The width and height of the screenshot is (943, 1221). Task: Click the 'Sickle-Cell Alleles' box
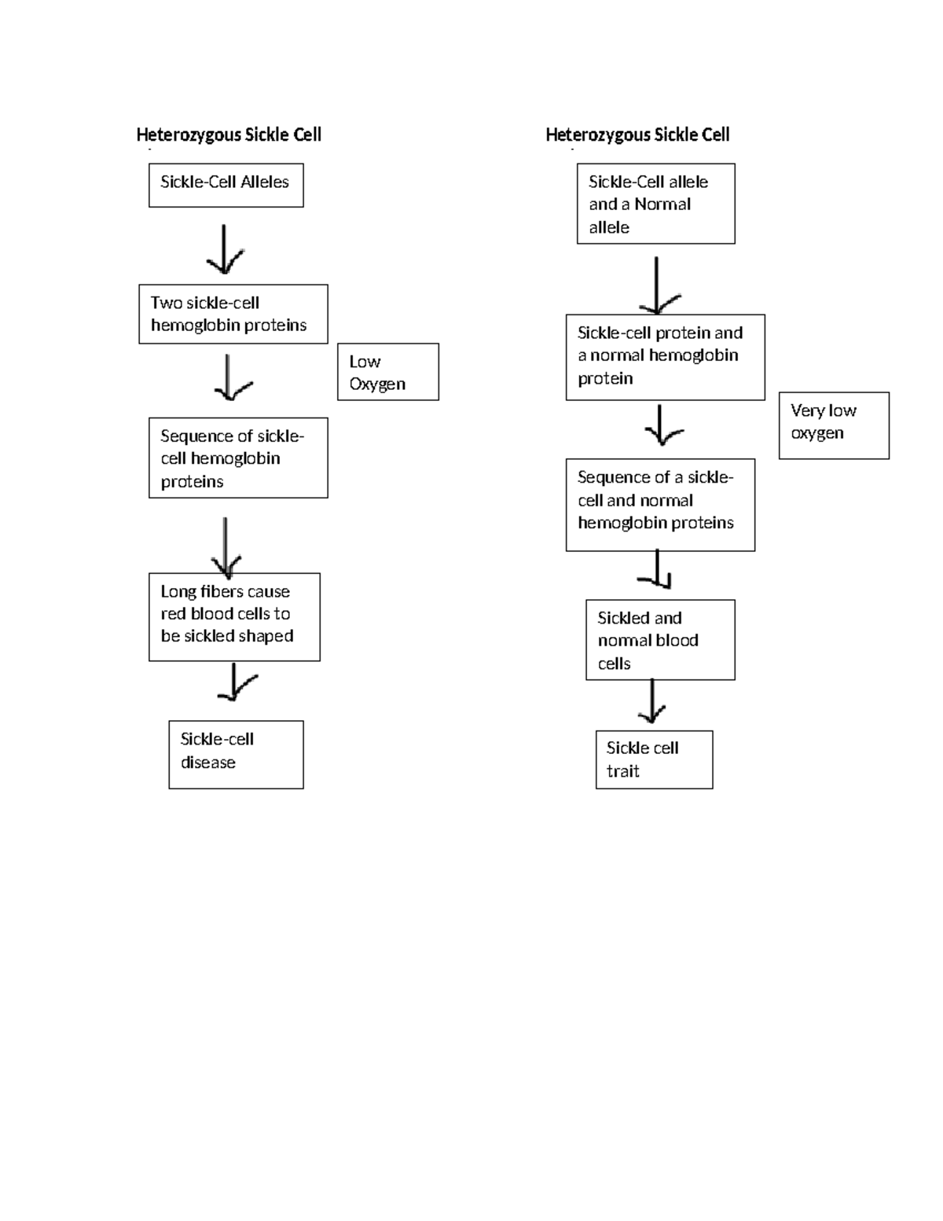[x=226, y=185]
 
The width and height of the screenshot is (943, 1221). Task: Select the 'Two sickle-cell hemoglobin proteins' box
[x=233, y=314]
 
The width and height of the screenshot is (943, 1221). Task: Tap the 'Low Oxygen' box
[x=387, y=372]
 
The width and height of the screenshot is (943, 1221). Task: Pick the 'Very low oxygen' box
[x=834, y=425]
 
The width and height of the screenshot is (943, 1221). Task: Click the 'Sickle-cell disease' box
[x=236, y=754]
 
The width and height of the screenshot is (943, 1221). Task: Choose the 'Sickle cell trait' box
[x=654, y=759]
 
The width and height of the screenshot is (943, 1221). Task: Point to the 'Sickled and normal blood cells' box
[x=660, y=640]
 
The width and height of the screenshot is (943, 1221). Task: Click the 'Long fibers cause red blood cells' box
[x=234, y=616]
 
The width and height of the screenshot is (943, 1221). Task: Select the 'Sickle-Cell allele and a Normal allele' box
[x=655, y=204]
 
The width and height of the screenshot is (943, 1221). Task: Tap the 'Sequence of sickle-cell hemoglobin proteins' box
[x=238, y=458]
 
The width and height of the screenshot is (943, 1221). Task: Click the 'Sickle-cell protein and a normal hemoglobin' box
[x=665, y=357]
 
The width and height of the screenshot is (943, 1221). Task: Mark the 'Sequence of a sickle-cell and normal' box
[x=660, y=505]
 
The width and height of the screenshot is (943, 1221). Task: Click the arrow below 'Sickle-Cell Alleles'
[x=225, y=249]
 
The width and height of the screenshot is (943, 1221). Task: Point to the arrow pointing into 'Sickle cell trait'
[x=652, y=702]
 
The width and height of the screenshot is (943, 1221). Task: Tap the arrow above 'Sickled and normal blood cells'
[x=659, y=571]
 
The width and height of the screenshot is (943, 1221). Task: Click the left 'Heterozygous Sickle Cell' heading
[x=229, y=134]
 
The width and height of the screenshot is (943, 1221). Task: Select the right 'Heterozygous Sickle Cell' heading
[x=637, y=134]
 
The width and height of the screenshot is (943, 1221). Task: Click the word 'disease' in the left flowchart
[x=208, y=763]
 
